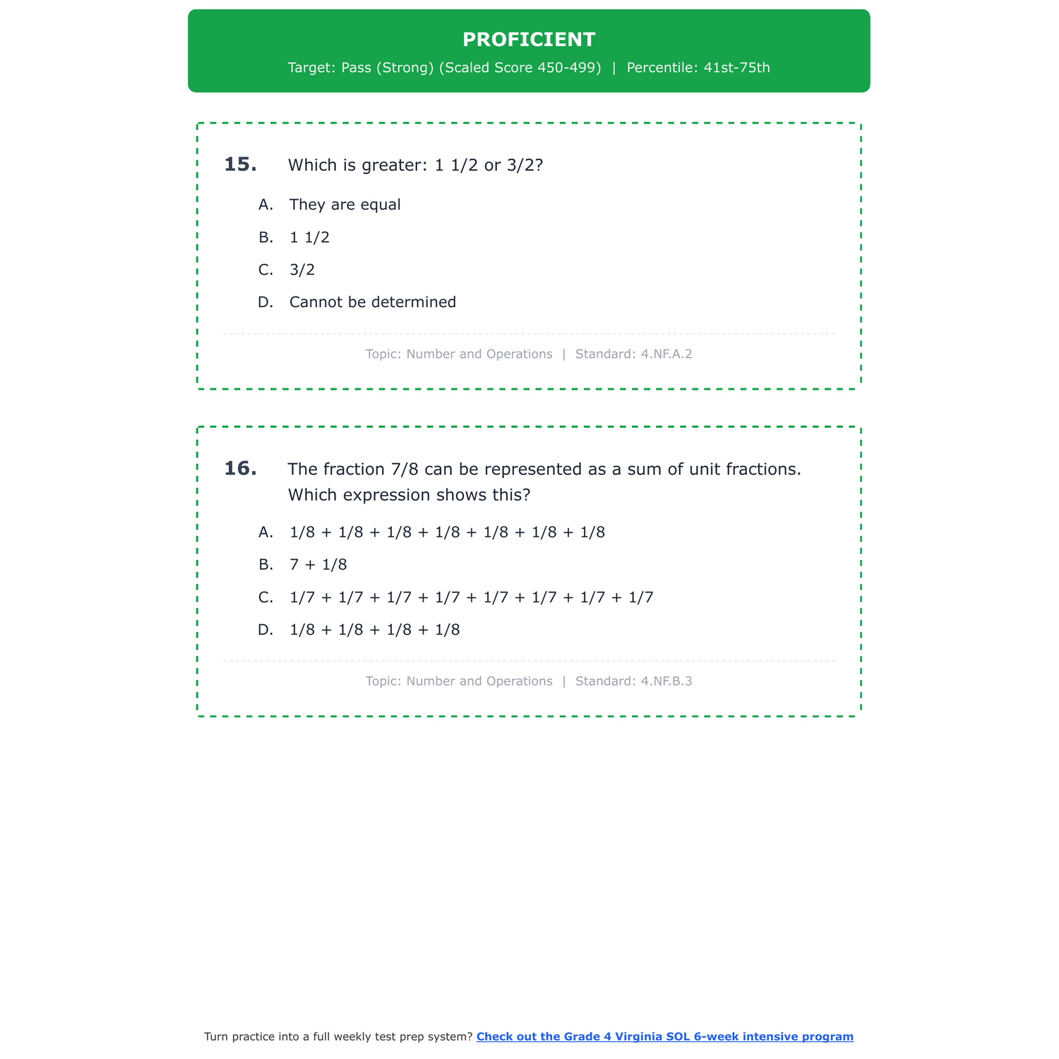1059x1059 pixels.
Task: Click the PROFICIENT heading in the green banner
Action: pyautogui.click(x=529, y=40)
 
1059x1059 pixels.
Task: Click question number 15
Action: pyautogui.click(x=240, y=164)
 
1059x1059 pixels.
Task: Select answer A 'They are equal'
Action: pyautogui.click(x=345, y=205)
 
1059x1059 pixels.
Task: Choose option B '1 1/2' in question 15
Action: pyautogui.click(x=309, y=237)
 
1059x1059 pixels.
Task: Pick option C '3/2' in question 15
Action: pyautogui.click(x=302, y=270)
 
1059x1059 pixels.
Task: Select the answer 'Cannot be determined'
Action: pyautogui.click(x=372, y=302)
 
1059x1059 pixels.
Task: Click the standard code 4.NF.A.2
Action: pyautogui.click(x=666, y=354)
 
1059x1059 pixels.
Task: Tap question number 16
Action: pyautogui.click(x=240, y=469)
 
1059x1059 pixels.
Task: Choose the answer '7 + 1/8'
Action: pyautogui.click(x=318, y=565)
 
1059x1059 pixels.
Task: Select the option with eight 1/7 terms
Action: pyautogui.click(x=471, y=597)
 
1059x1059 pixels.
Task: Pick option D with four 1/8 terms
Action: pyautogui.click(x=374, y=630)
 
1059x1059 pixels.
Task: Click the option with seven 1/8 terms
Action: pyautogui.click(x=447, y=532)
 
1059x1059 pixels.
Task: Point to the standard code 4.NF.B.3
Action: pyautogui.click(x=666, y=681)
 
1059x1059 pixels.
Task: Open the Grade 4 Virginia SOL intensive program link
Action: pyautogui.click(x=664, y=1036)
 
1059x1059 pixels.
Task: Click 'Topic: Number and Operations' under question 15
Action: pyautogui.click(x=459, y=354)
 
